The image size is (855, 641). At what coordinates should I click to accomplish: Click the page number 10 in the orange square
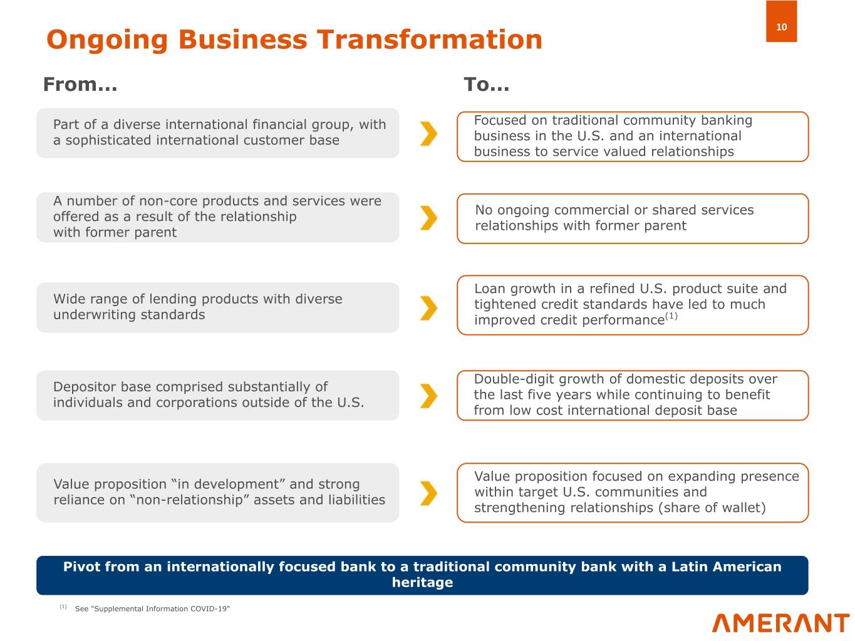click(781, 27)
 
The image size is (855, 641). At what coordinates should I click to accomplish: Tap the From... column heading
click(80, 85)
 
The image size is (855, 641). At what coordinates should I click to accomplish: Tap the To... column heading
click(486, 85)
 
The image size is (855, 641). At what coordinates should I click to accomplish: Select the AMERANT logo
click(780, 623)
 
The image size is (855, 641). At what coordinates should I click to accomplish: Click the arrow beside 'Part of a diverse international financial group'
click(428, 133)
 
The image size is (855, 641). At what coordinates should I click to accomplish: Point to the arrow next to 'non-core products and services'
click(428, 218)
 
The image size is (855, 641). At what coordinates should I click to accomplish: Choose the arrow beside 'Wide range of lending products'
click(428, 308)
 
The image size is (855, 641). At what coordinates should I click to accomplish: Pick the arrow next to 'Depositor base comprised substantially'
click(428, 396)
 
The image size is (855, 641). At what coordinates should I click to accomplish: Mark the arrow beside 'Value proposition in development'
click(428, 493)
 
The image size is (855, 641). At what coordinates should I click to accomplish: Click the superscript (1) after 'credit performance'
click(671, 315)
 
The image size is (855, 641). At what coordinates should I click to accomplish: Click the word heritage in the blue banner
click(422, 583)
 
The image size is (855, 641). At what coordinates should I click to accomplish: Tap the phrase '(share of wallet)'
click(712, 508)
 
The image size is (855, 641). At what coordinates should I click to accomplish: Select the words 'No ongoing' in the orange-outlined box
click(512, 210)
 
